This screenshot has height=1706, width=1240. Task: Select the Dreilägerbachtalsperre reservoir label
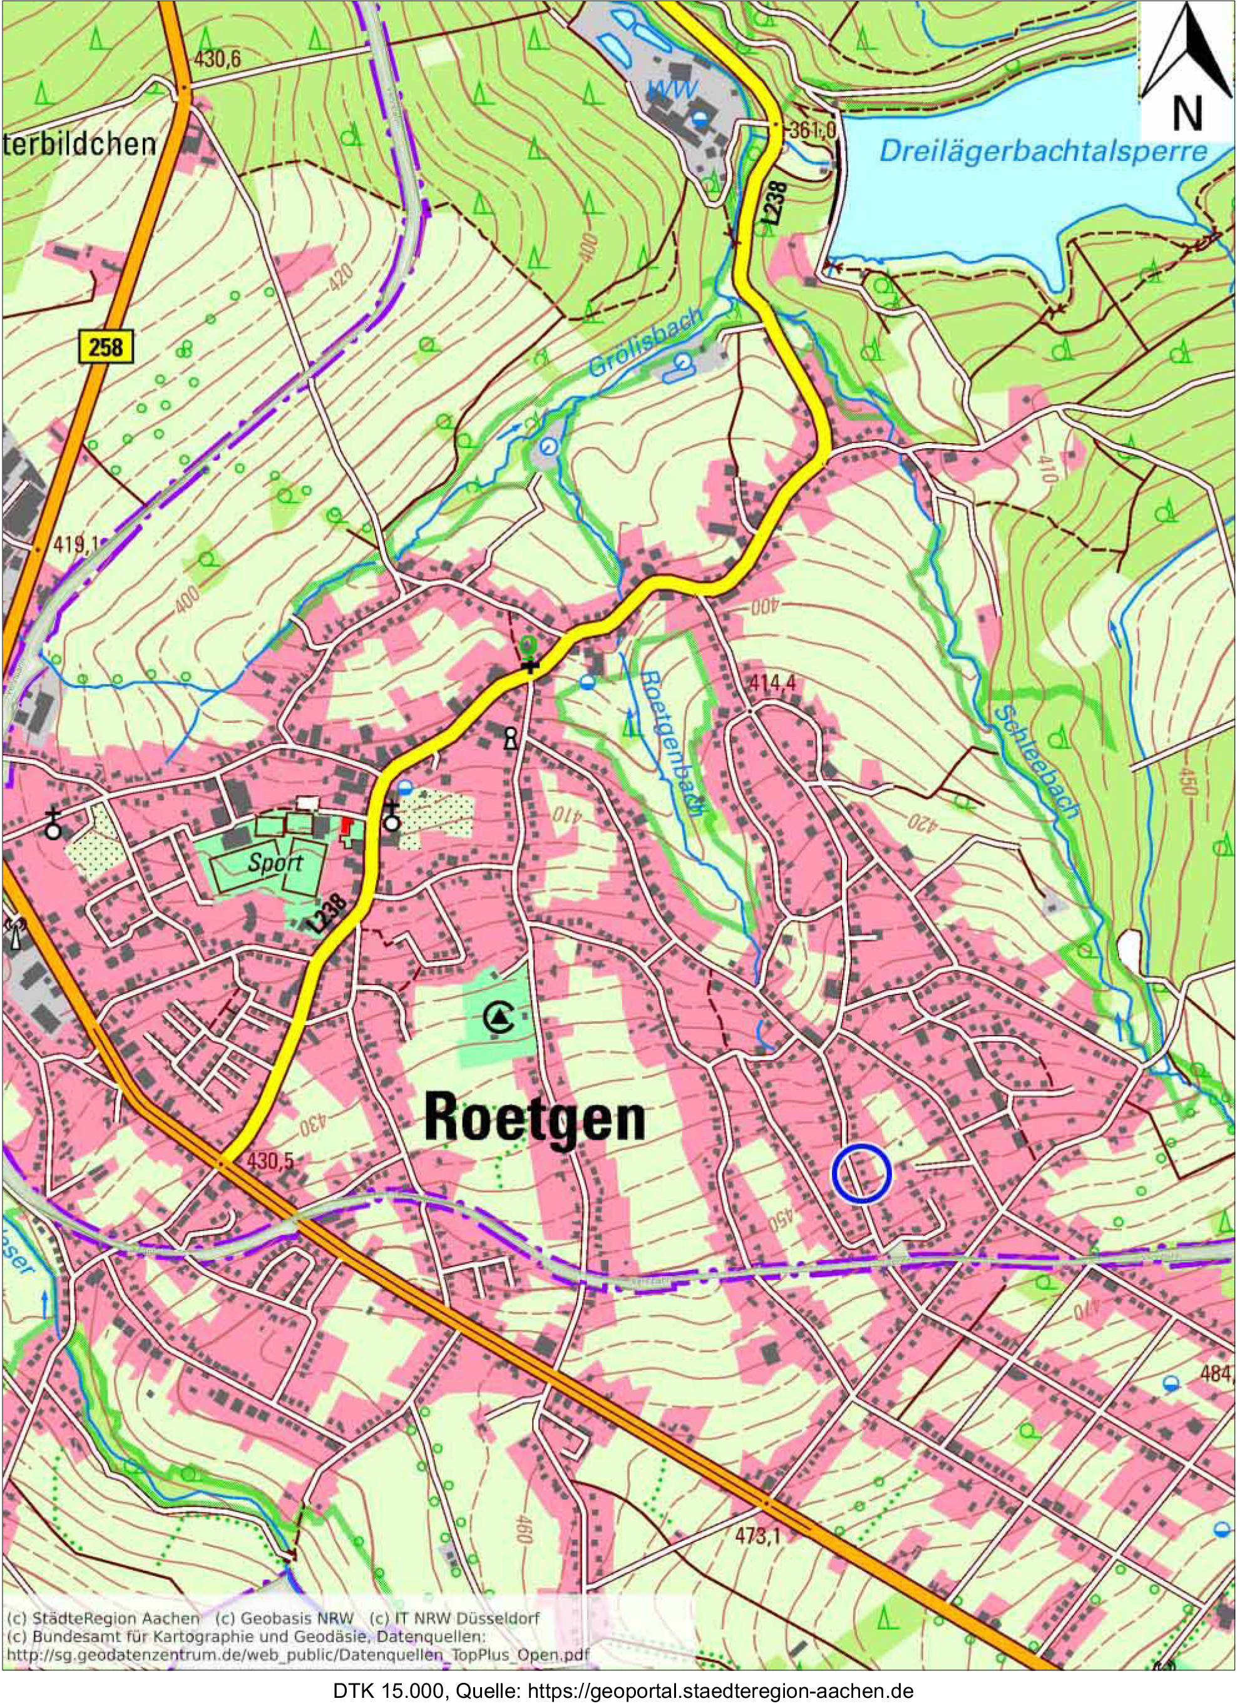(1043, 153)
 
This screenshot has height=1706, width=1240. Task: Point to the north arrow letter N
(1187, 113)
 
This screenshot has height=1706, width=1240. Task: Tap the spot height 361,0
(813, 131)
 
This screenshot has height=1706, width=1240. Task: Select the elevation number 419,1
(75, 543)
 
